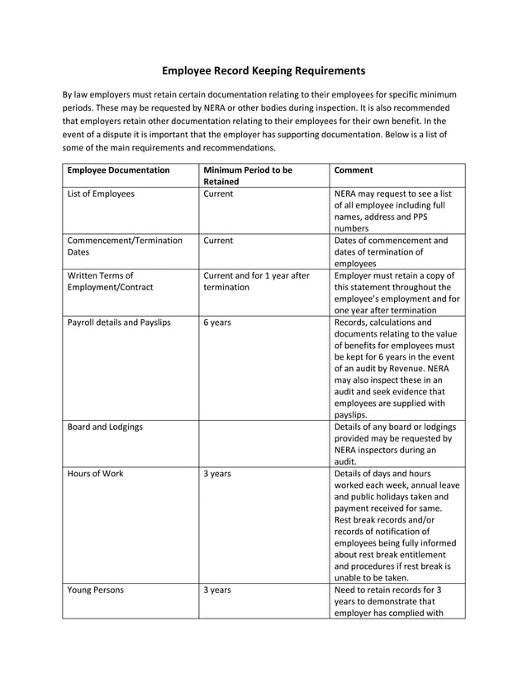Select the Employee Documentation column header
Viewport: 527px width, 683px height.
pos(118,170)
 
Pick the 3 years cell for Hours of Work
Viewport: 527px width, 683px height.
pos(217,475)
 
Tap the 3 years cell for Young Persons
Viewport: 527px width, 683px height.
pos(217,591)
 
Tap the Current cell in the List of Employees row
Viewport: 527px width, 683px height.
pos(219,193)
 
